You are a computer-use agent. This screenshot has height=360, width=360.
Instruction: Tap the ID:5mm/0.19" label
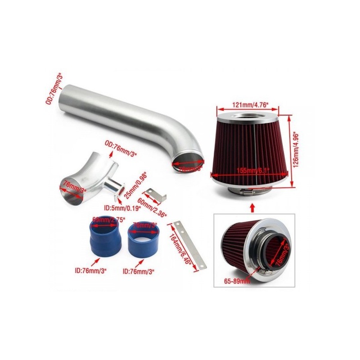point(122,208)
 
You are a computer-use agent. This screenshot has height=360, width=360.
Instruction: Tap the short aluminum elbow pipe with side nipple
point(88,177)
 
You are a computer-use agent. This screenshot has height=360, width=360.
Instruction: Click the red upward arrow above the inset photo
point(252,207)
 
